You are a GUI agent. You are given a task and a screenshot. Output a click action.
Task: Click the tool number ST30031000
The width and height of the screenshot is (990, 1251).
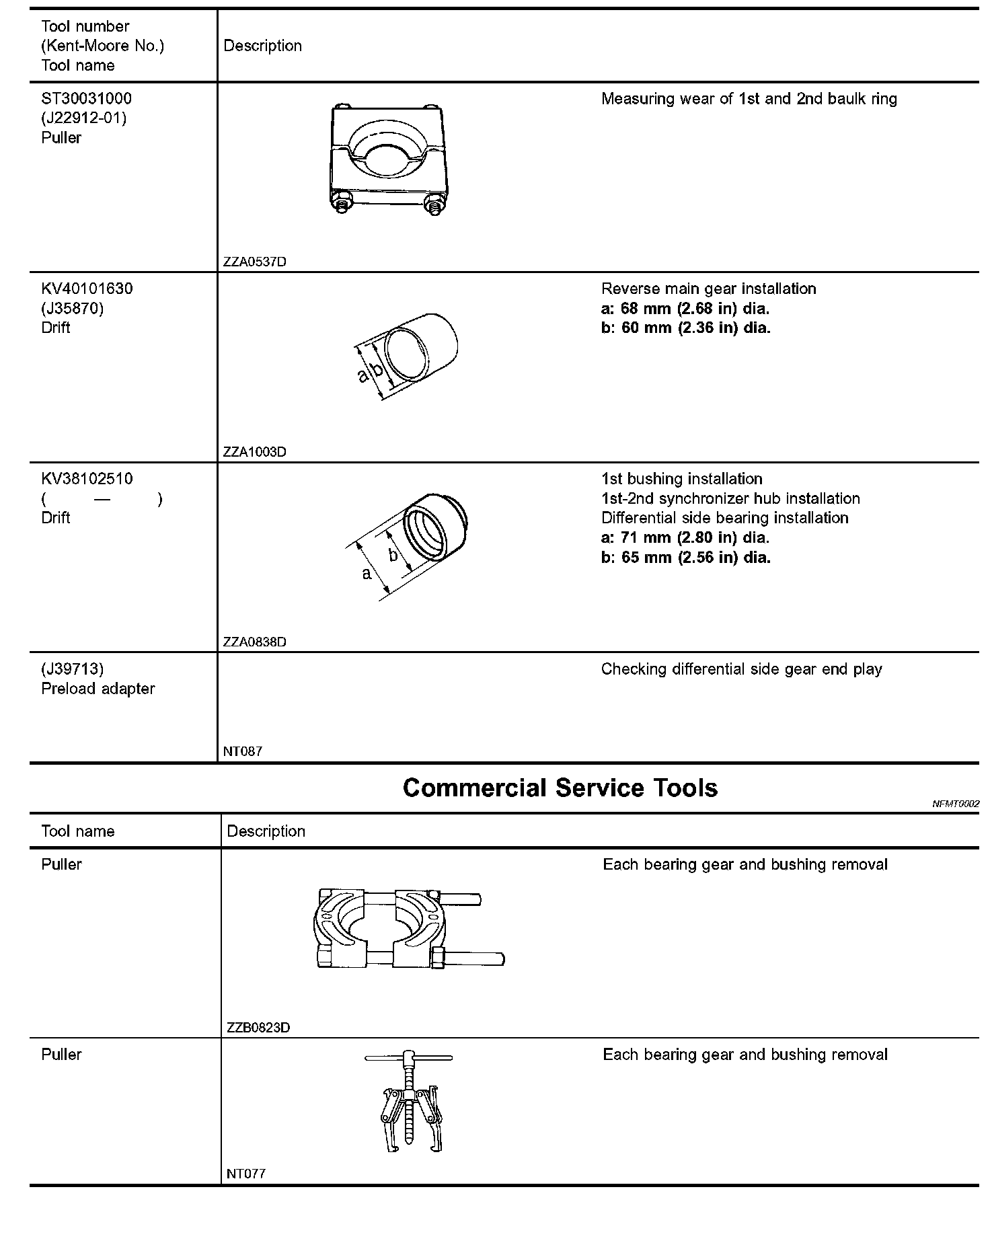[86, 99]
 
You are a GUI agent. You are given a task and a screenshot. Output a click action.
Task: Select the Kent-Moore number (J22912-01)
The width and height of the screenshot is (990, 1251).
[83, 118]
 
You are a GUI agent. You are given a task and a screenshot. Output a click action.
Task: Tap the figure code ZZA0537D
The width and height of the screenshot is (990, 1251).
[254, 262]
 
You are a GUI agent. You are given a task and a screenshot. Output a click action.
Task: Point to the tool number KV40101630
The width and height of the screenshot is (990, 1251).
[87, 289]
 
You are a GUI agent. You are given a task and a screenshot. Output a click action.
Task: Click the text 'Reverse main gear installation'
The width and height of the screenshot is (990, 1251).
[708, 289]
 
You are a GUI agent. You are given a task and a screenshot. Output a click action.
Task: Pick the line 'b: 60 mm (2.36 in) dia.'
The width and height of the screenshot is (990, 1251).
[685, 328]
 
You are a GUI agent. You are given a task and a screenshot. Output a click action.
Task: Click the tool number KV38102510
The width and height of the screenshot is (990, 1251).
[87, 479]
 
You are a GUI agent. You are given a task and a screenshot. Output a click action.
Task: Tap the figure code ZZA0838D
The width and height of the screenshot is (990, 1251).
[254, 642]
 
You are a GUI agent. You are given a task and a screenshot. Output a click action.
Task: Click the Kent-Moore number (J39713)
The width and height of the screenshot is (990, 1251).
[73, 669]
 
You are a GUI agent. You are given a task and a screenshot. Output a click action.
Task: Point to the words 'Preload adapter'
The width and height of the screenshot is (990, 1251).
[98, 689]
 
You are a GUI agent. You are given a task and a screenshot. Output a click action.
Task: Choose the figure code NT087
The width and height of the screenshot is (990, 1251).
[243, 751]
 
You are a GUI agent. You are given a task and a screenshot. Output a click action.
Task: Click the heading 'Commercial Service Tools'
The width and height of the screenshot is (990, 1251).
[560, 788]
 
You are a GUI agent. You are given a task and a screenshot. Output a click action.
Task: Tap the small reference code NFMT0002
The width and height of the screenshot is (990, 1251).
[956, 804]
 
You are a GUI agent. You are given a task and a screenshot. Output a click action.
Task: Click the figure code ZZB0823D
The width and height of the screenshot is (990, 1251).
[258, 1028]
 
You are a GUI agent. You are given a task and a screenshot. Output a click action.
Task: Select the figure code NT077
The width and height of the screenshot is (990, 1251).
[246, 1174]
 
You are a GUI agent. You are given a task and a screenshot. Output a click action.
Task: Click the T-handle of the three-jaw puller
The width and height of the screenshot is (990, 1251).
[408, 1058]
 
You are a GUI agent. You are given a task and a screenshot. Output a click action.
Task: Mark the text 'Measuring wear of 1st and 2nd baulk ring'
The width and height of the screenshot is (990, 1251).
[749, 99]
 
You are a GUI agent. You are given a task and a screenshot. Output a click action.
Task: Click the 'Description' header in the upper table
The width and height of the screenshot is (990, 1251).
[262, 46]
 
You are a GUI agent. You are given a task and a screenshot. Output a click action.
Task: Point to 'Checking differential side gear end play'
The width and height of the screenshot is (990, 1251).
[741, 669]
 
